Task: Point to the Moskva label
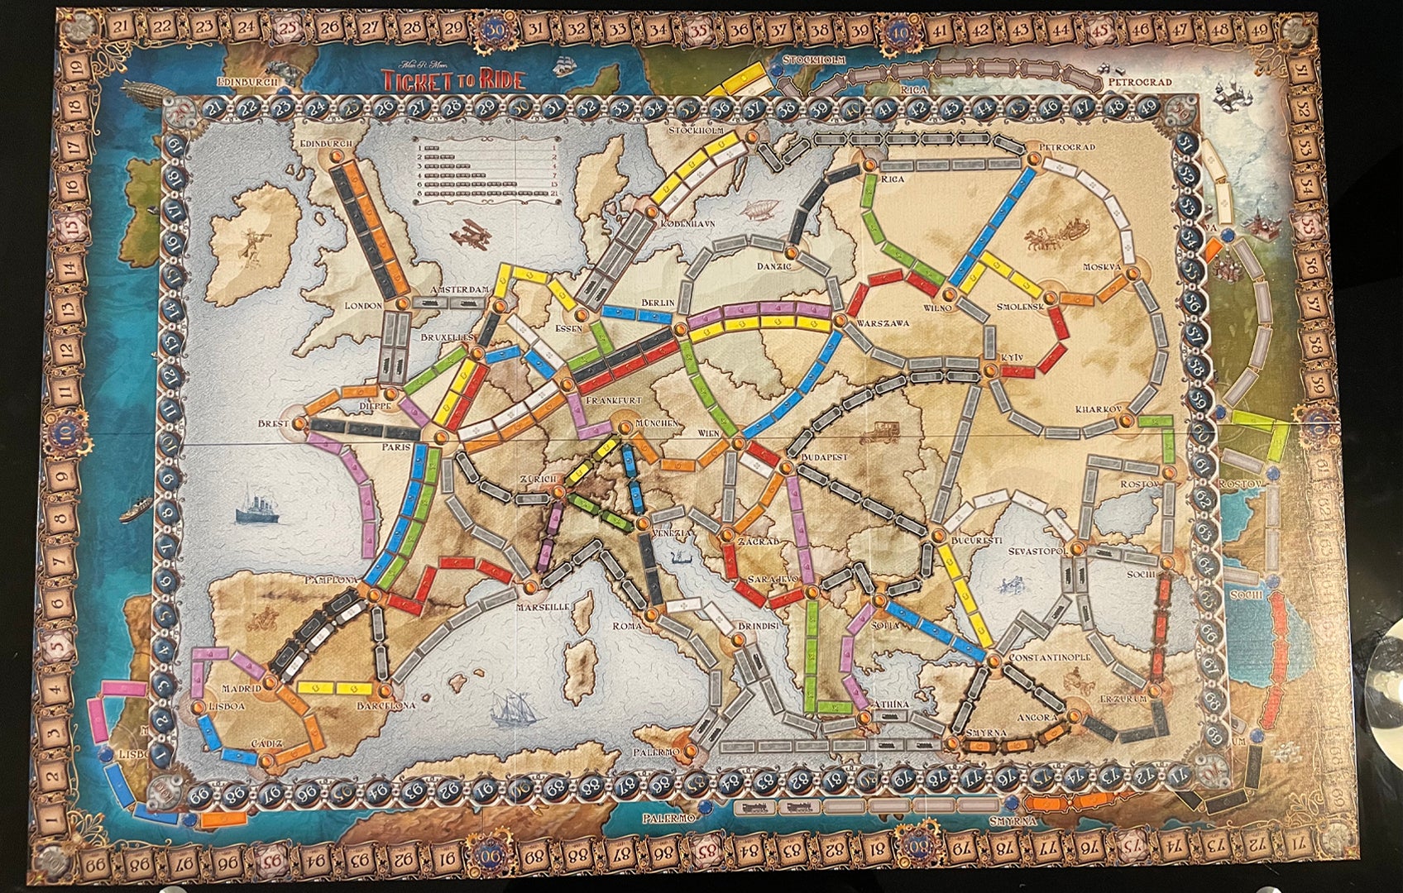(x=1102, y=267)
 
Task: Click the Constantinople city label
(x=1050, y=657)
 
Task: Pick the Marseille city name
(x=543, y=606)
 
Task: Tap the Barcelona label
(x=385, y=706)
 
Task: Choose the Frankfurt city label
(x=613, y=399)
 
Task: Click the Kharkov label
(x=1098, y=409)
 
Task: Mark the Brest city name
(x=273, y=423)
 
